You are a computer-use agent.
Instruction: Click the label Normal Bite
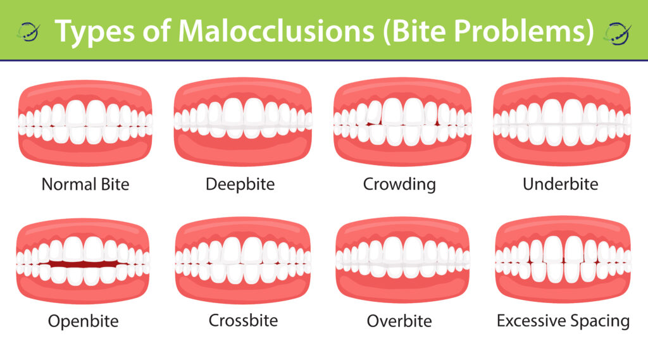point(85,184)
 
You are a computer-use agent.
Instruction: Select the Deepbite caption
point(240,184)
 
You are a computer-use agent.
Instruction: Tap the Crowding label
point(399,184)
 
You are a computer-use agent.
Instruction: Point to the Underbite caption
point(561,184)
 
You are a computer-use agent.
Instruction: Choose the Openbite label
point(84,321)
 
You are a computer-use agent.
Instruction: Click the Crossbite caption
point(244,320)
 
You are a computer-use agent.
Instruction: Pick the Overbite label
point(399,321)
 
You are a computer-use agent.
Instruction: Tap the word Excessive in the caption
point(531,321)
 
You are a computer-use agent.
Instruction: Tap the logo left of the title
point(28,32)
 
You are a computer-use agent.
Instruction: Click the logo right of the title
point(617,33)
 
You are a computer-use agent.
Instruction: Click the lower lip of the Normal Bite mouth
point(85,152)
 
